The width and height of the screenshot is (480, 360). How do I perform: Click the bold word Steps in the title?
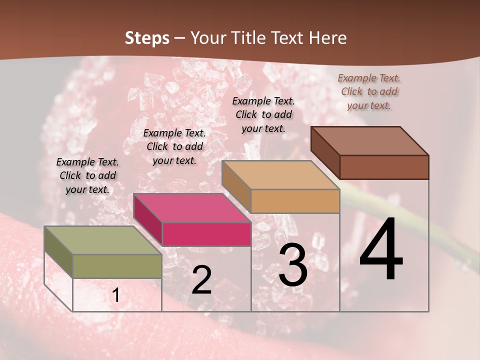click(146, 38)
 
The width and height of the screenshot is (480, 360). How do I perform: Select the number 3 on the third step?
click(292, 266)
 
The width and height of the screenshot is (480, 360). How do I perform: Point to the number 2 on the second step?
click(201, 280)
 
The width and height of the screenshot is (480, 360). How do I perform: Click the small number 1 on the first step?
click(115, 295)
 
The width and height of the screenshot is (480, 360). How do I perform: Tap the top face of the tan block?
click(280, 175)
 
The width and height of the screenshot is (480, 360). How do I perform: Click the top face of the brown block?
click(369, 141)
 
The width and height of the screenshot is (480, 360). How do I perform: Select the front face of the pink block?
click(206, 234)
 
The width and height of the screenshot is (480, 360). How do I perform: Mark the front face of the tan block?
click(295, 201)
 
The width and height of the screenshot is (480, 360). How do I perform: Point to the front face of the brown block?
click(384, 167)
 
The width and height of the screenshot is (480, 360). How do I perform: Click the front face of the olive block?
click(117, 266)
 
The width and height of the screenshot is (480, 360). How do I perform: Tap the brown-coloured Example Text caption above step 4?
click(369, 91)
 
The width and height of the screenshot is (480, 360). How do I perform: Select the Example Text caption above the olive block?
click(87, 175)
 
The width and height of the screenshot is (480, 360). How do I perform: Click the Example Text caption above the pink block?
click(174, 146)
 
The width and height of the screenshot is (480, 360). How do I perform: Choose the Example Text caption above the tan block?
click(263, 114)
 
